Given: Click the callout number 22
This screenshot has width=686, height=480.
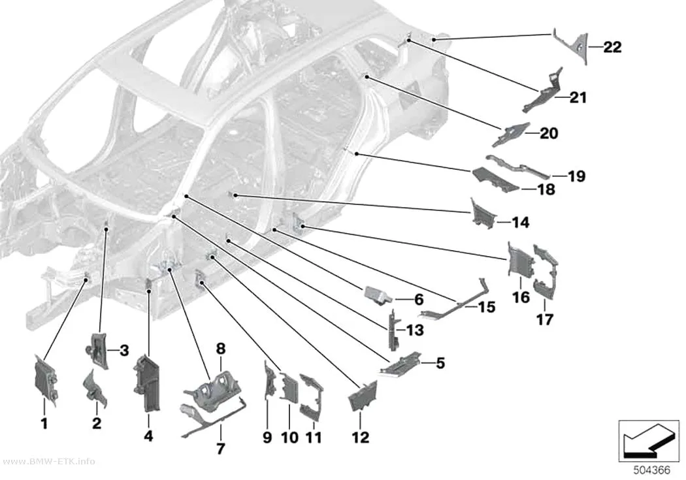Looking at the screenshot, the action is coord(612,47).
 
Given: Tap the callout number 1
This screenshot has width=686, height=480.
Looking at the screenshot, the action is coord(44,423).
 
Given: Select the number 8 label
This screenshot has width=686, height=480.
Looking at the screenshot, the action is coord(221,349).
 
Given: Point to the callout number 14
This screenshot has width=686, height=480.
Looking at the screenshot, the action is coord(520,223).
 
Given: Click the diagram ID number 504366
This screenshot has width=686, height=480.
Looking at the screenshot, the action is coord(652,470).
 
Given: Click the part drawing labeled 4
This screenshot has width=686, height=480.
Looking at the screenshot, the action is coord(146,383).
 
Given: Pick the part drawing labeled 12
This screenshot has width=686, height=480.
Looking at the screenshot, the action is coord(363,396).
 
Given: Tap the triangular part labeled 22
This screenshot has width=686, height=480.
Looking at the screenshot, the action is coord(572,46).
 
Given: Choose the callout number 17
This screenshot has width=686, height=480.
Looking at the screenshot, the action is coord(545,319).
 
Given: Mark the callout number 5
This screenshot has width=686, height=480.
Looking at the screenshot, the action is coord(440,363).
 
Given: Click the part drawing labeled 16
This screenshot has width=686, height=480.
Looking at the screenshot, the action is coord(520,259).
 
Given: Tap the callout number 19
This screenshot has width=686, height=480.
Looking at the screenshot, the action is coord(576,176).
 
